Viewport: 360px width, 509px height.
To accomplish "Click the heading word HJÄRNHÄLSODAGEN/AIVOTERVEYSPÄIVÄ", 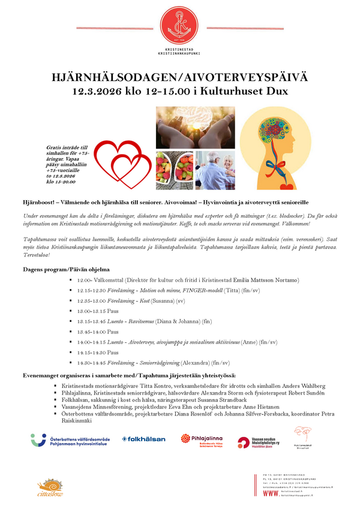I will coord(180,78).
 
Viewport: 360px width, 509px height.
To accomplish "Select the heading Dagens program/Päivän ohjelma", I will coord(67,270).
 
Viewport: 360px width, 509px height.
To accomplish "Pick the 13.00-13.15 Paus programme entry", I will coord(98,311).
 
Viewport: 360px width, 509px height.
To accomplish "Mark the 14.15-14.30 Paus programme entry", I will coord(98,353).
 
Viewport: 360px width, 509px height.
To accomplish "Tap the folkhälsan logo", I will coord(143,439).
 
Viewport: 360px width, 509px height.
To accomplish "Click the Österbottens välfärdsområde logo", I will coord(71,440).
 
